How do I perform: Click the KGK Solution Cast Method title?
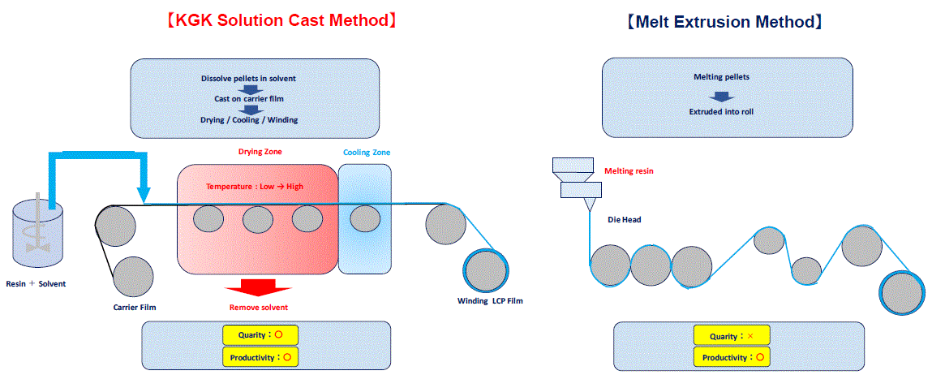point(281,20)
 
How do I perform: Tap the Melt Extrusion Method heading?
point(724,22)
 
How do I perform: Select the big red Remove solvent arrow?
point(259,288)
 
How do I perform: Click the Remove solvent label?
point(259,308)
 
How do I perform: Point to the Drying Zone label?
point(256,152)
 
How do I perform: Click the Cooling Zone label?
point(367,153)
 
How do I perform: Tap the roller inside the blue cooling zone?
point(365,220)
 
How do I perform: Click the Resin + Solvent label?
point(36,284)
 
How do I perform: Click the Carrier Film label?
point(135,308)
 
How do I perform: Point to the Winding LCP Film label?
point(490,300)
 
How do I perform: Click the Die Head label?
point(624,220)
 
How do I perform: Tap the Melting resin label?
point(628,170)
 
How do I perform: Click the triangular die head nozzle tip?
point(590,211)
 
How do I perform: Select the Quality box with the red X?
point(732,336)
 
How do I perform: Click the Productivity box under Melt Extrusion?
point(732,358)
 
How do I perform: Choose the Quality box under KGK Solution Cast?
point(260,335)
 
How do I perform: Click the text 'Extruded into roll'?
point(721,111)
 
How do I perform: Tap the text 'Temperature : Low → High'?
point(255,186)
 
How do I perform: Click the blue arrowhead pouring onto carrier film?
point(143,195)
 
